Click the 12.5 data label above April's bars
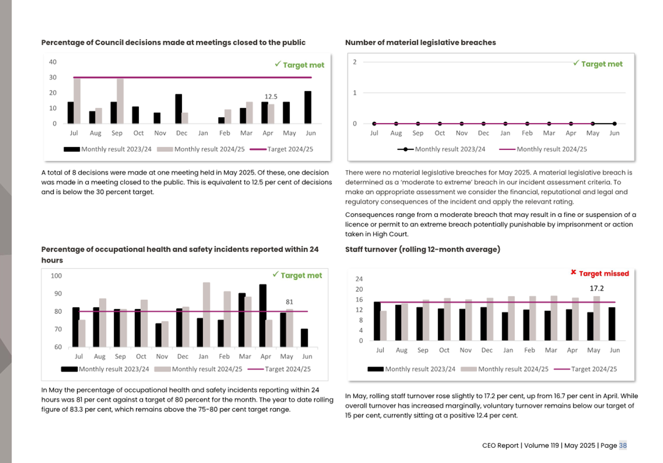[271, 96]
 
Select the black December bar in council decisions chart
[179, 109]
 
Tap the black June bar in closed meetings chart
[308, 107]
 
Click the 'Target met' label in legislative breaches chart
[598, 64]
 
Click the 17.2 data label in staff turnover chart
[597, 288]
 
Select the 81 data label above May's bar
[289, 302]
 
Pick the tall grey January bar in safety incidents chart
[206, 314]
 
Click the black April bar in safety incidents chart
[263, 315]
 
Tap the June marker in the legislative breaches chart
[614, 123]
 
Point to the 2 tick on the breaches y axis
[355, 62]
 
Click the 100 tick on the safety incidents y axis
[56, 276]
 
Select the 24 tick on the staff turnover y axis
[359, 279]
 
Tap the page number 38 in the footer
[623, 445]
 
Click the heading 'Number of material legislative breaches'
[420, 42]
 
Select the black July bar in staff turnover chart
[377, 321]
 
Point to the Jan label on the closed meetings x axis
[203, 133]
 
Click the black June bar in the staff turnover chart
[612, 324]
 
